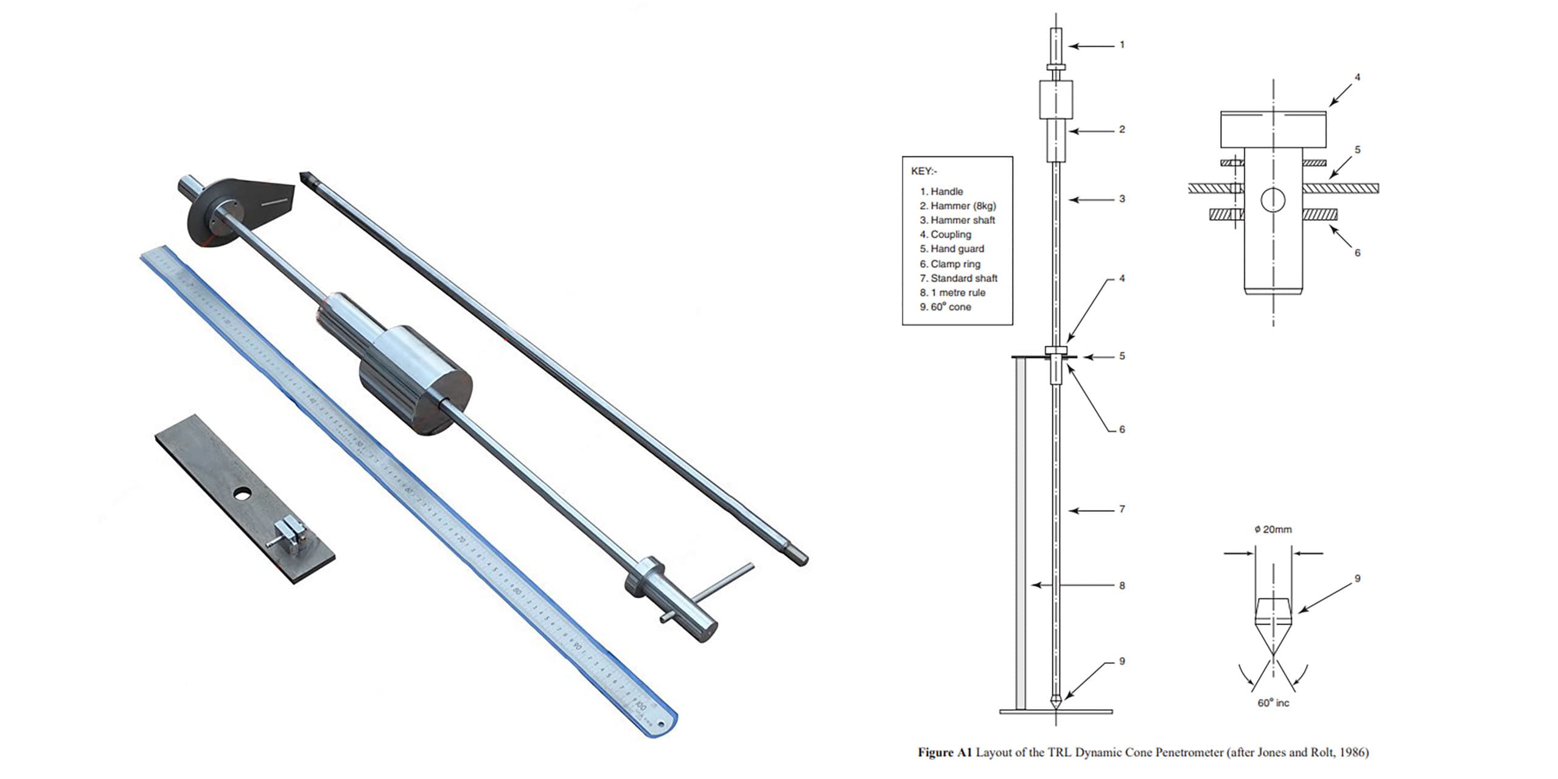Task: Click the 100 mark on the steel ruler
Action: pos(641,707)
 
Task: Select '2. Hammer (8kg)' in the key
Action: pos(957,206)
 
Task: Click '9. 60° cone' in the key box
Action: pos(945,307)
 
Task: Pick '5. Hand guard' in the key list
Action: pos(952,248)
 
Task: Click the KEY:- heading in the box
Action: pos(924,171)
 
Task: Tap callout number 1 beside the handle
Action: pos(1122,44)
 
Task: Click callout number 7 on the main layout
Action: pos(1122,509)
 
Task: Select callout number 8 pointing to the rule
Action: pos(1122,585)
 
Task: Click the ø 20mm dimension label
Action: pos(1273,529)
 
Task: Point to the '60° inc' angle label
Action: pos(1273,703)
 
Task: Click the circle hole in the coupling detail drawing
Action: pos(1273,200)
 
